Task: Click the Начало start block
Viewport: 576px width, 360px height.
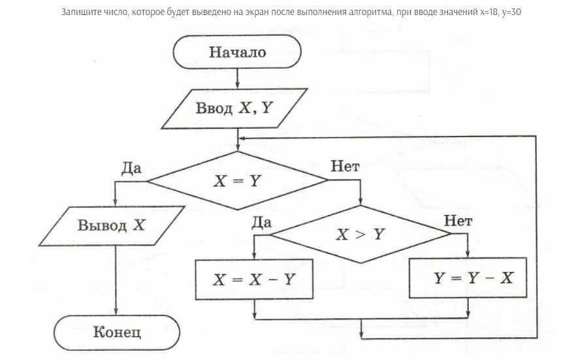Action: [x=237, y=52]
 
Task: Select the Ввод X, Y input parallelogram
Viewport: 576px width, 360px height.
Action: [x=234, y=108]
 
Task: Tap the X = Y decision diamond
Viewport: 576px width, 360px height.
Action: [x=236, y=181]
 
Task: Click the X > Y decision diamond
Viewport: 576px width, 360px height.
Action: [x=360, y=234]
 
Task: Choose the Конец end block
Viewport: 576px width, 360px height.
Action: [x=116, y=332]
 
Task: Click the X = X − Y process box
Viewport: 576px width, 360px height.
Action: [x=253, y=279]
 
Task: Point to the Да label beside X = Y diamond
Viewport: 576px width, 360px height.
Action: [x=132, y=168]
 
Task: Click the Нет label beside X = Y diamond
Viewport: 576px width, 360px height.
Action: [x=345, y=167]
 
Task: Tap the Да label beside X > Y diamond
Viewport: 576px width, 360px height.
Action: [x=261, y=221]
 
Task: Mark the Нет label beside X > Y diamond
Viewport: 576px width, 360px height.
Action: [x=458, y=221]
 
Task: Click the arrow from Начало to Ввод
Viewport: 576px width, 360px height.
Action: [x=237, y=78]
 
